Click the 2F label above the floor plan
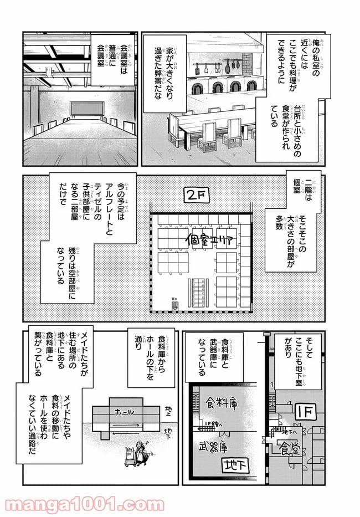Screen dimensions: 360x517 pos(197,197)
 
